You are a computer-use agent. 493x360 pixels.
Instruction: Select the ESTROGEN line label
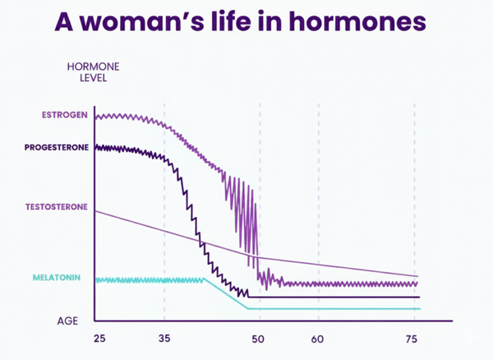pos(64,114)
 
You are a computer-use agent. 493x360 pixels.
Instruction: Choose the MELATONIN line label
pos(57,278)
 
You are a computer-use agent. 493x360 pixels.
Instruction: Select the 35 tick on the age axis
pos(164,339)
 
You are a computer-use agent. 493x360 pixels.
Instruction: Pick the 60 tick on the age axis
pos(318,339)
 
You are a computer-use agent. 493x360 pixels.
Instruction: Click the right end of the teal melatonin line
pos(417,309)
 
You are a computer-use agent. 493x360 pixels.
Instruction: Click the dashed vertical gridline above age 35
pos(164,214)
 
